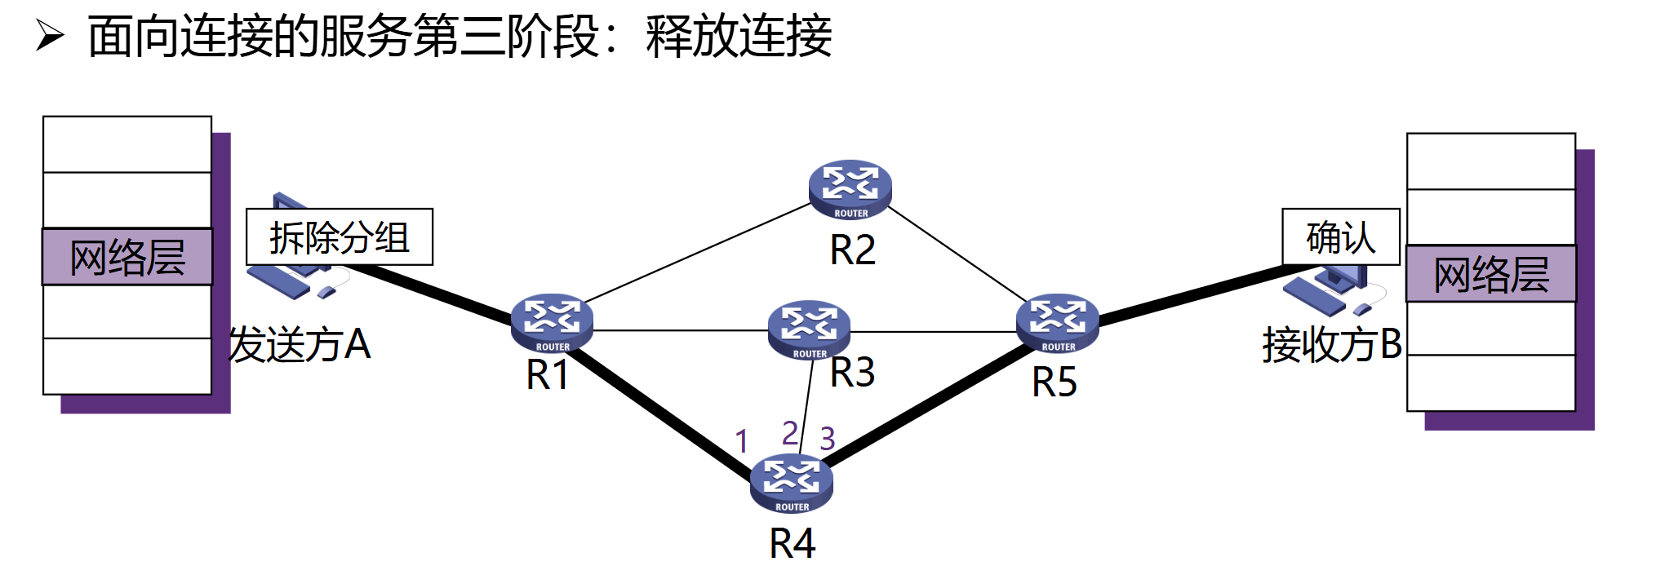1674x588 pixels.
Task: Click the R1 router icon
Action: (552, 322)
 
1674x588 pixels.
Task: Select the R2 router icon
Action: (850, 188)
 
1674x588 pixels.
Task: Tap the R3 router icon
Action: (809, 329)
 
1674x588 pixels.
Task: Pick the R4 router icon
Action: (791, 483)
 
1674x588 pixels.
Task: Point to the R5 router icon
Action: (1057, 322)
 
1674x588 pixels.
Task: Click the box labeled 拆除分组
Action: (340, 237)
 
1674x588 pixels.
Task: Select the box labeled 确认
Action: (1340, 237)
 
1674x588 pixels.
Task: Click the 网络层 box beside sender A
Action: (127, 257)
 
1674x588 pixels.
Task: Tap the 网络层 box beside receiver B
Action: (1490, 274)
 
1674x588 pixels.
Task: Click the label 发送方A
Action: (300, 344)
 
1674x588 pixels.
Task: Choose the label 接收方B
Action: (1331, 344)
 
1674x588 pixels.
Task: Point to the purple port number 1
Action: (741, 442)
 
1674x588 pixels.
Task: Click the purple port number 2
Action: (789, 433)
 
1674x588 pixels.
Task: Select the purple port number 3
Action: (827, 439)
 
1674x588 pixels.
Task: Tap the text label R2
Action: (852, 250)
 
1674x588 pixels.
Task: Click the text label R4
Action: (792, 543)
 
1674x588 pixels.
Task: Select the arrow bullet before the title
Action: (50, 36)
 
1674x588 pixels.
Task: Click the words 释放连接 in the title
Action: (739, 37)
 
